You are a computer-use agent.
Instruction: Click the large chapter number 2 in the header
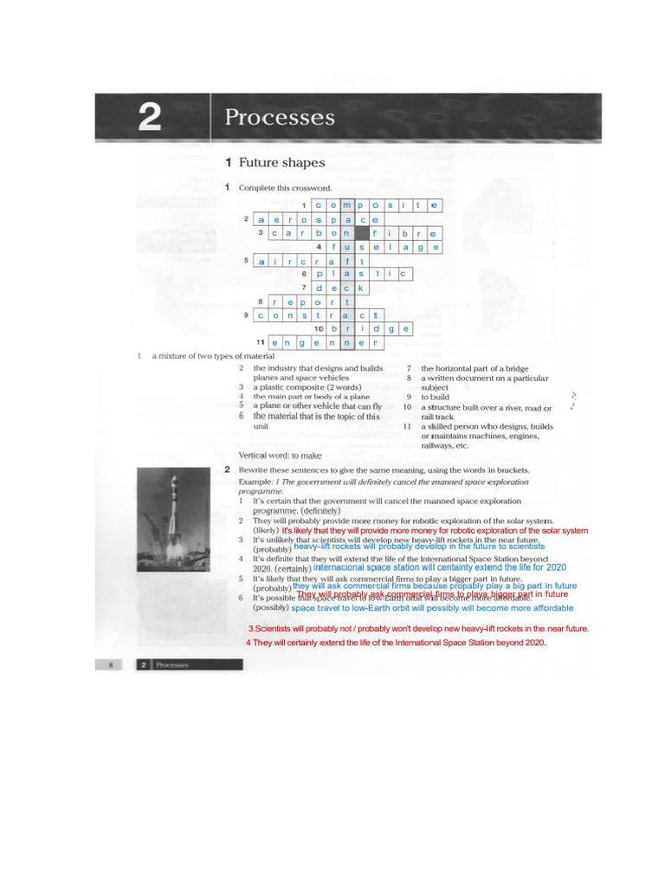tap(150, 118)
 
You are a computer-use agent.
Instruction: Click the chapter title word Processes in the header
tap(279, 117)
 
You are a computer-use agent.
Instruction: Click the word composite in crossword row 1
tap(377, 205)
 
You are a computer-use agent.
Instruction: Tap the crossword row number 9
tap(246, 315)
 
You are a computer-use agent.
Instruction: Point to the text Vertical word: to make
tap(280, 455)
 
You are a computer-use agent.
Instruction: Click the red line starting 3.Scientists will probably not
tap(418, 629)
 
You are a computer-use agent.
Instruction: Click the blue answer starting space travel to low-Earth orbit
tap(432, 608)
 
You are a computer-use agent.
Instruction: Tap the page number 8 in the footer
tap(111, 664)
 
